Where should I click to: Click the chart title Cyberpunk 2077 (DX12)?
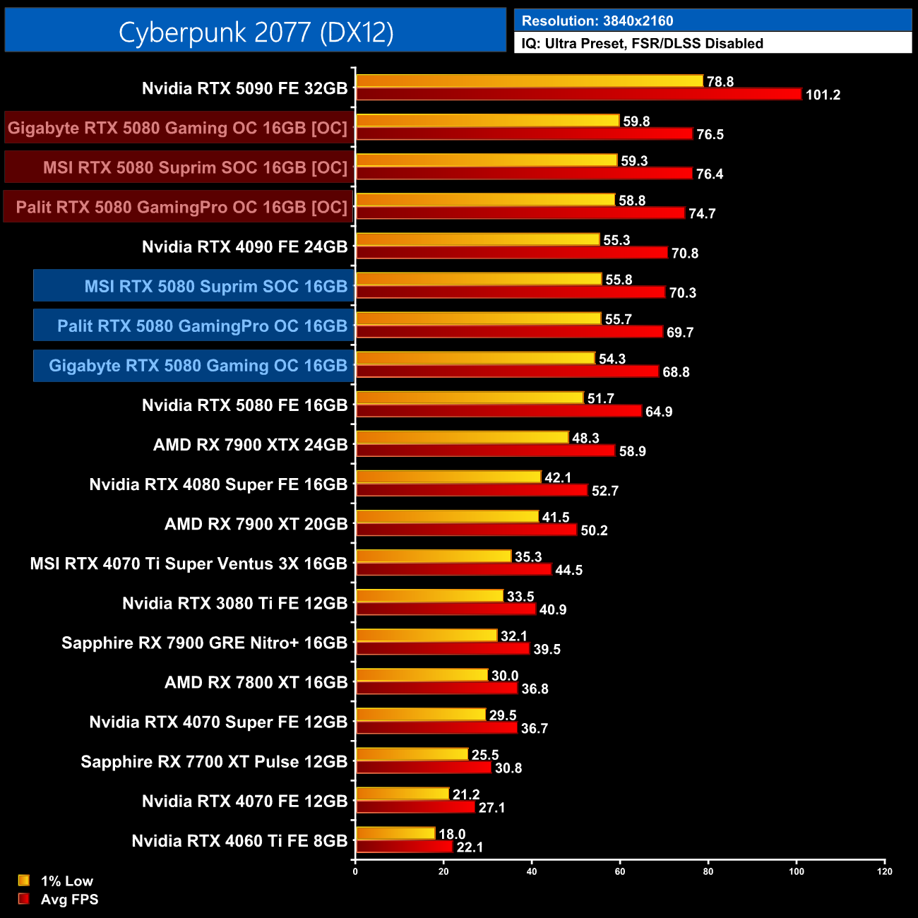256,32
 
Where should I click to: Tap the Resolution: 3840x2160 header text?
597,21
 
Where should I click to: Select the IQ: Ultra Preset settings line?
642,44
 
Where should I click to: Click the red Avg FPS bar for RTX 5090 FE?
578,95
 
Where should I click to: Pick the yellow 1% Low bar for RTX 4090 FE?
477,240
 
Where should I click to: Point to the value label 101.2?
823,95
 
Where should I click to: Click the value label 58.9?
632,451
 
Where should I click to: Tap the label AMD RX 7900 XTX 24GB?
250,445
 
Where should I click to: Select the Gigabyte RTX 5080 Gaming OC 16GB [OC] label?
177,129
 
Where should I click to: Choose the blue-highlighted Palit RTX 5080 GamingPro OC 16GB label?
202,326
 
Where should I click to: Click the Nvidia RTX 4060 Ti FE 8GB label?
239,841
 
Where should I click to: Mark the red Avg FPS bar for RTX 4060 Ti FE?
404,847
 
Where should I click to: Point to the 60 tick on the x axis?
620,871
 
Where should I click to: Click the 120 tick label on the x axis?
885,871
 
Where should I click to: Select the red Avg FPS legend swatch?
24,899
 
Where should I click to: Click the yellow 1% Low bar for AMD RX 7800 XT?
422,675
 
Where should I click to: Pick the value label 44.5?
568,570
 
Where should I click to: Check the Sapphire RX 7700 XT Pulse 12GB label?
214,762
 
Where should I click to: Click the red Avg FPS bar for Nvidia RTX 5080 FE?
499,411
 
